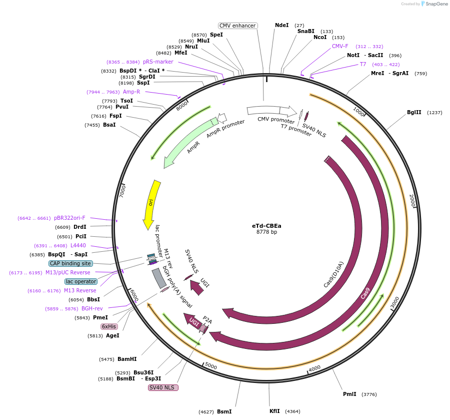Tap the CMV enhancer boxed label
click(238, 26)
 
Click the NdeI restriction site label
click(282, 25)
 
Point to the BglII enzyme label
click(414, 113)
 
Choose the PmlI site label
click(349, 394)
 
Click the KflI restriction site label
click(274, 411)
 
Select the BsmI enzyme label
click(224, 411)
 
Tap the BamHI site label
click(127, 359)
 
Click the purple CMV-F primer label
click(340, 46)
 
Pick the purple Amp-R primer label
click(131, 92)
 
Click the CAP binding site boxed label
click(70, 263)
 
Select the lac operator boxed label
click(80, 281)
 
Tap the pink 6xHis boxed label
click(109, 326)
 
